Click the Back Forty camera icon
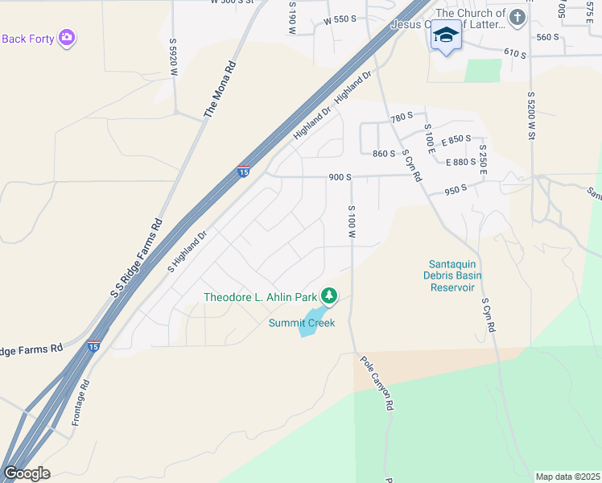(x=67, y=37)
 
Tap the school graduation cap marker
(x=446, y=36)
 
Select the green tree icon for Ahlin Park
(x=328, y=296)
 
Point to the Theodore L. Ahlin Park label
(x=260, y=297)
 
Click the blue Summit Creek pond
(x=311, y=323)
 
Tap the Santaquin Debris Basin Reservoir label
(x=451, y=275)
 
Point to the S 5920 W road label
(x=173, y=57)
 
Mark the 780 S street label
(x=402, y=118)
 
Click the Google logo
(x=27, y=473)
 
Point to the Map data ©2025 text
(x=568, y=477)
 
